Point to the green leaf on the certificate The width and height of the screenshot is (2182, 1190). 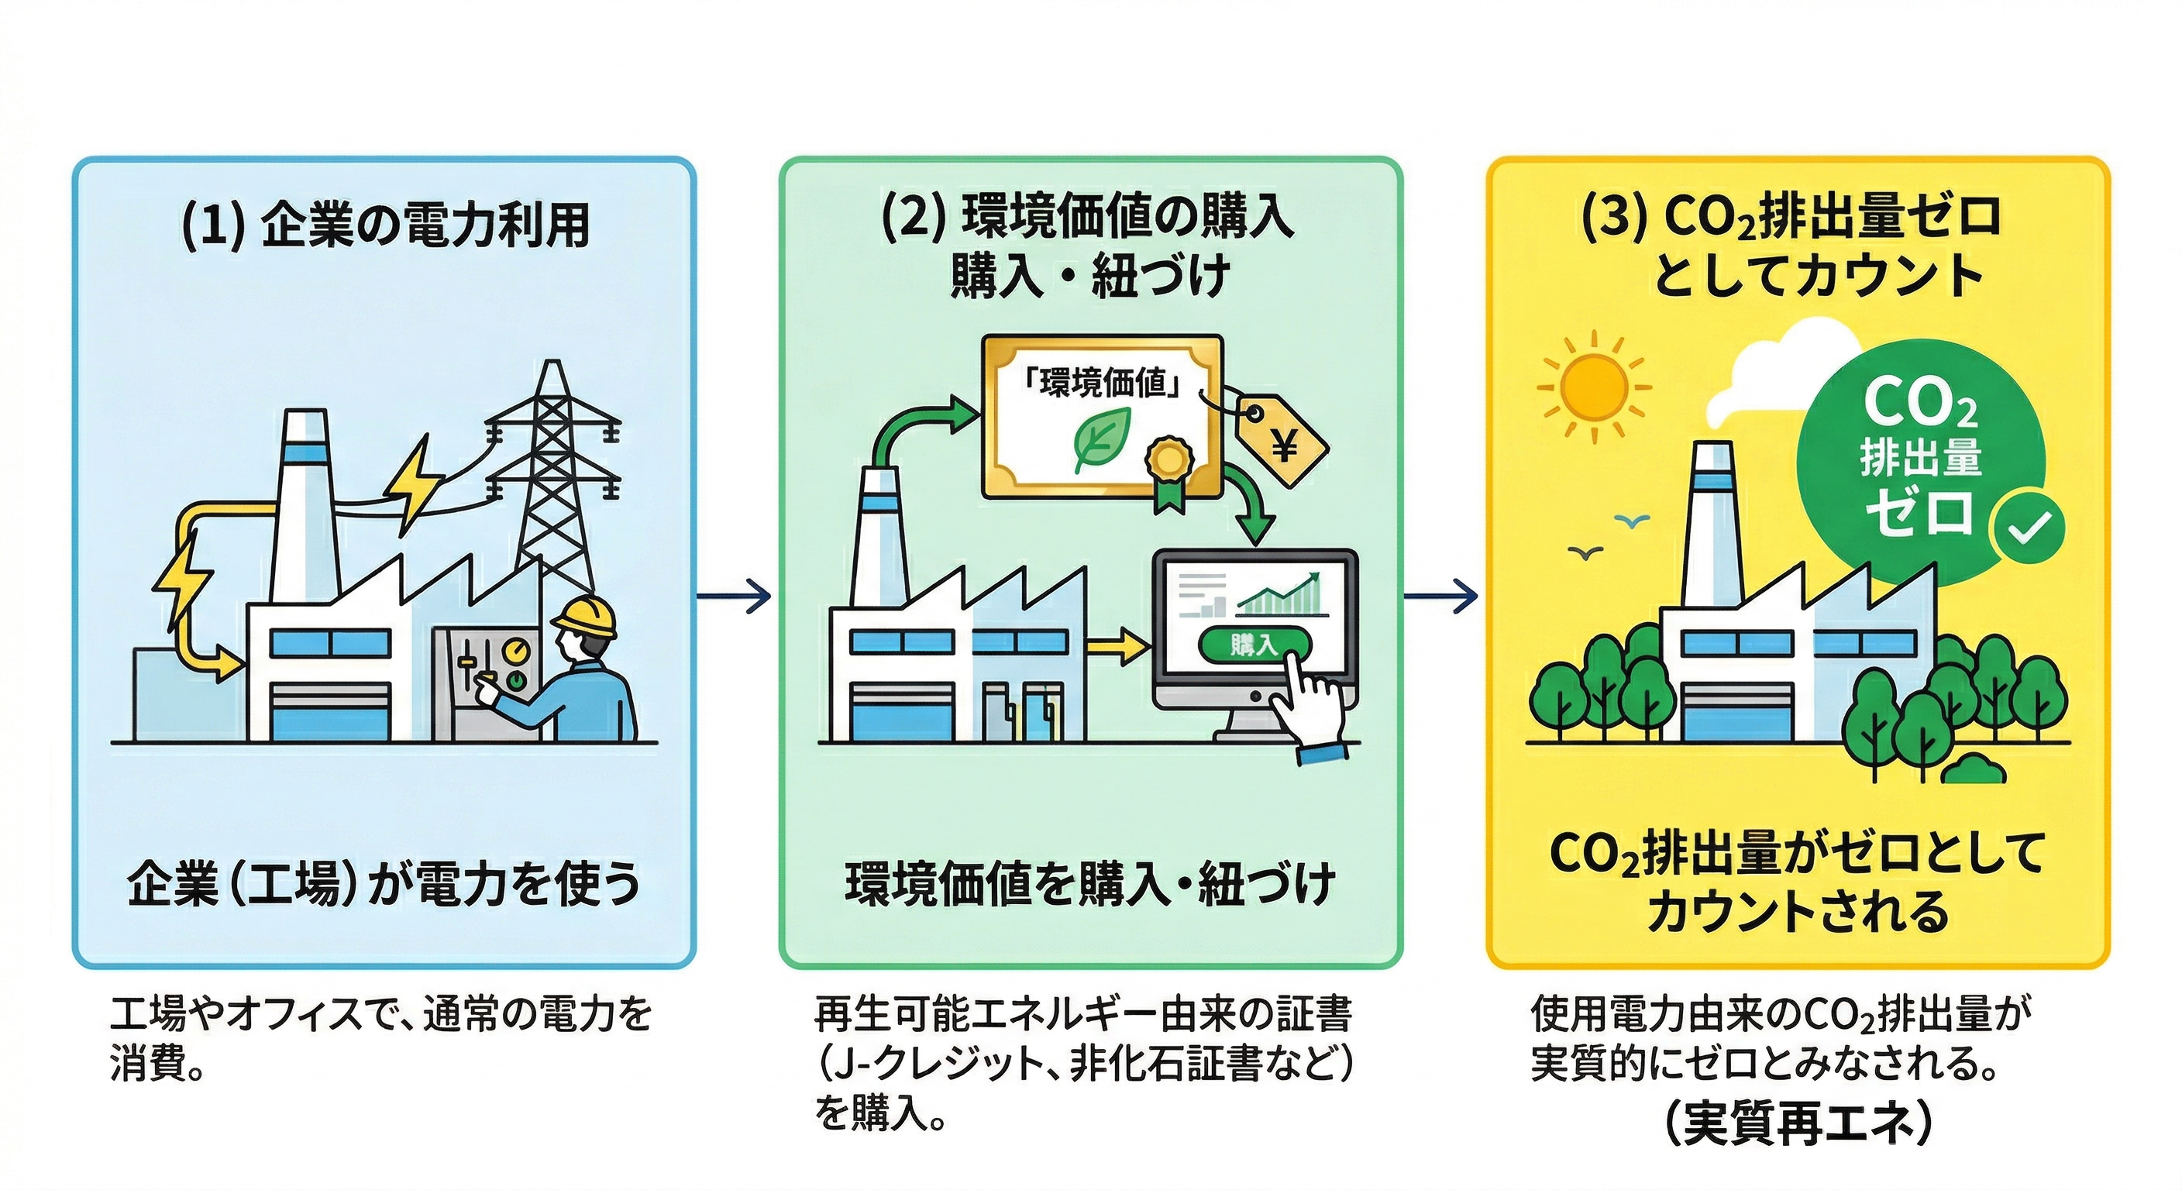tap(1101, 439)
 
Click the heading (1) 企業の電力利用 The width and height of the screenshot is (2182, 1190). tap(385, 226)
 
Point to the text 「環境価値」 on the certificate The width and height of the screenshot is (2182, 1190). tap(1101, 383)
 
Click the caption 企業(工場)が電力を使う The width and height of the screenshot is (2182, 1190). tap(384, 883)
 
